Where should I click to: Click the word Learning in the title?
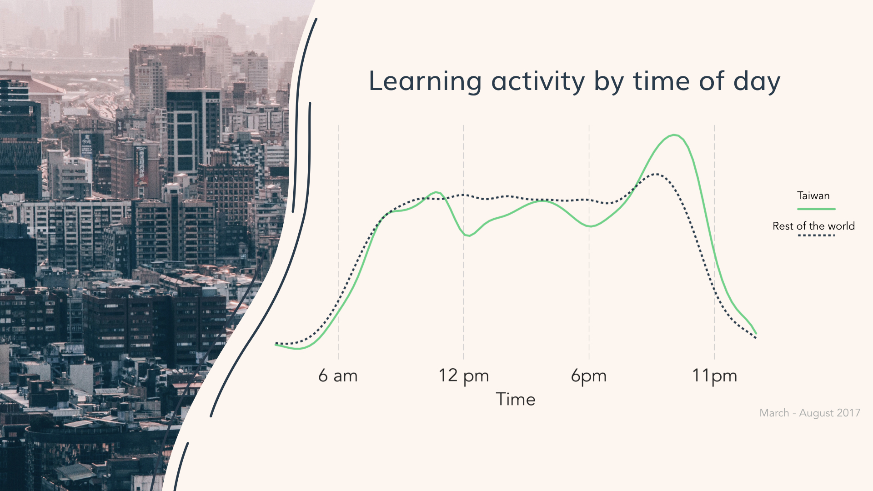pyautogui.click(x=425, y=82)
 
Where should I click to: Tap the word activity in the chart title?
pyautogui.click(x=538, y=82)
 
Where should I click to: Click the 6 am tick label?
pyautogui.click(x=338, y=376)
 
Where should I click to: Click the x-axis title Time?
pyautogui.click(x=516, y=399)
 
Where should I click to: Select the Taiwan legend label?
pyautogui.click(x=813, y=196)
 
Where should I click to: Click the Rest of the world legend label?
pyautogui.click(x=813, y=226)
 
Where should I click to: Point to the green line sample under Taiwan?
pyautogui.click(x=816, y=209)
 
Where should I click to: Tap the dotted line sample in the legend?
pyautogui.click(x=816, y=235)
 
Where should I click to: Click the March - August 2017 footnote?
pyautogui.click(x=810, y=413)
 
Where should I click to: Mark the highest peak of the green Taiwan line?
pyautogui.click(x=674, y=135)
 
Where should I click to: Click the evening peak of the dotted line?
pyautogui.click(x=655, y=174)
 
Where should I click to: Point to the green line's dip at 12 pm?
pyautogui.click(x=468, y=235)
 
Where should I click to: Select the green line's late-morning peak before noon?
pyautogui.click(x=436, y=192)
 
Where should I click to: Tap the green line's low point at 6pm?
pyautogui.click(x=590, y=226)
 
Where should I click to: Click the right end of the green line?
pyautogui.click(x=756, y=334)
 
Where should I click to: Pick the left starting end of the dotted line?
pyautogui.click(x=276, y=343)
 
